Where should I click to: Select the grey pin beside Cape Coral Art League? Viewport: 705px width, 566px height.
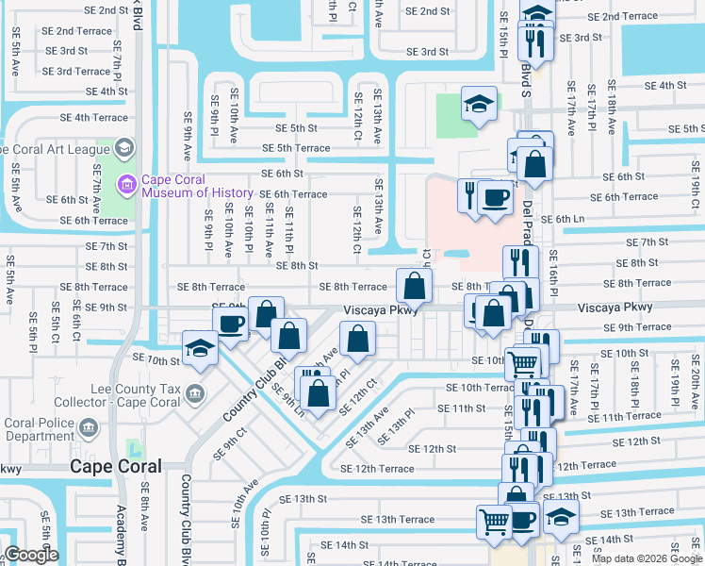coord(123,149)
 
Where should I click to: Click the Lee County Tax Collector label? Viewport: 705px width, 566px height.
coord(135,395)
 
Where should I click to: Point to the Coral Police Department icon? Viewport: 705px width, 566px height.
coord(87,428)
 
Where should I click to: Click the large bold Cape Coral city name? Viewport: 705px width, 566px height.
coord(116,466)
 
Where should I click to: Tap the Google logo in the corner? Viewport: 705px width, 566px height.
coord(31,555)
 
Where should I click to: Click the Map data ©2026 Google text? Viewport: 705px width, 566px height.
coord(647,558)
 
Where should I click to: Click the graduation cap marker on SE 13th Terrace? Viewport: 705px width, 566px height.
coord(561,516)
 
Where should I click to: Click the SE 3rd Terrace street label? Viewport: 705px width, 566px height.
coord(76,72)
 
